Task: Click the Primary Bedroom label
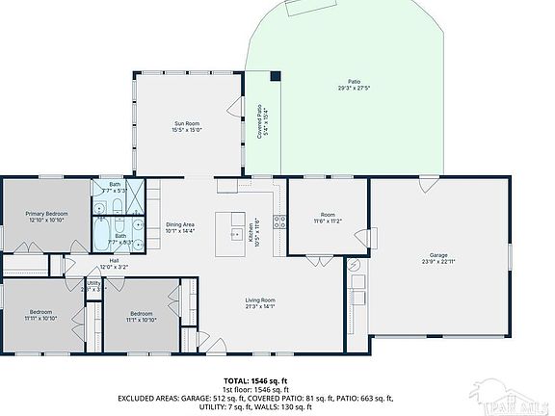pyautogui.click(x=45, y=213)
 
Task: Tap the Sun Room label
pyautogui.click(x=187, y=123)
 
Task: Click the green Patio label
pyautogui.click(x=355, y=82)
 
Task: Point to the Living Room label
pyautogui.click(x=260, y=301)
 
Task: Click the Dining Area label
pyautogui.click(x=180, y=224)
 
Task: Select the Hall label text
pyautogui.click(x=114, y=260)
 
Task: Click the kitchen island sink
pyautogui.click(x=235, y=233)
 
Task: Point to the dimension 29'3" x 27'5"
pyautogui.click(x=355, y=89)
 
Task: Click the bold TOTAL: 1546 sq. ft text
pyautogui.click(x=255, y=380)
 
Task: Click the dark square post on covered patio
pyautogui.click(x=276, y=76)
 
